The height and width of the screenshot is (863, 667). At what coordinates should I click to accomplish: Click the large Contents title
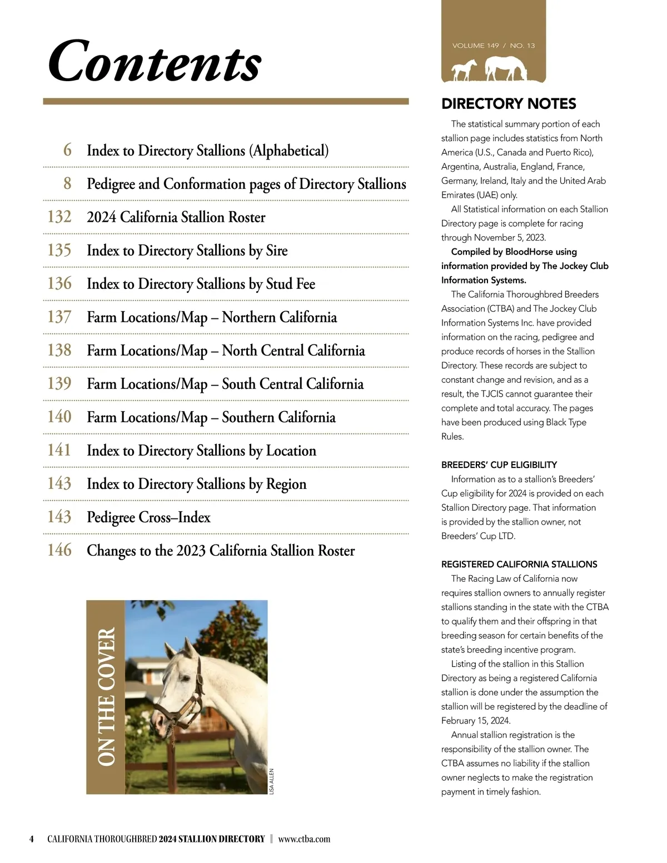pos(155,61)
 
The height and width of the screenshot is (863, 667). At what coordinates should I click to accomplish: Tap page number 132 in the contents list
pos(59,217)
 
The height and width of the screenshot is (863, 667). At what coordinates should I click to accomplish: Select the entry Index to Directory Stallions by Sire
pos(187,251)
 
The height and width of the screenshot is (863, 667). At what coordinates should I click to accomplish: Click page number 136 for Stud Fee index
pos(59,283)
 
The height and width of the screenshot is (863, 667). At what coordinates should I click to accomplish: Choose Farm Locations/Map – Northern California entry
pos(212,317)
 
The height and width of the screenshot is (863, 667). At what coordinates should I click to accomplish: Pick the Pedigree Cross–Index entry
pos(148,517)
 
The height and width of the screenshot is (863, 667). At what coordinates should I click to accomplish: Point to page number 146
pos(59,550)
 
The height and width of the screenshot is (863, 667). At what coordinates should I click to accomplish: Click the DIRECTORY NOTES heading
pos(508,104)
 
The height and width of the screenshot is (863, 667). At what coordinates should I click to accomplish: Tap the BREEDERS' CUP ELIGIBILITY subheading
pos(499,465)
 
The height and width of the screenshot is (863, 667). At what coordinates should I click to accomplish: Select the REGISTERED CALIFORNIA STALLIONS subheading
pos(519,564)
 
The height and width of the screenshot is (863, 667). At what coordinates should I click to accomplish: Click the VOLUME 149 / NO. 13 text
pos(493,46)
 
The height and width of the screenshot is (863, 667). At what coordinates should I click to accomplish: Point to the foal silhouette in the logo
pos(464,71)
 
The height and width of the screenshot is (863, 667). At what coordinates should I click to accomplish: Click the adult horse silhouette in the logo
pos(505,69)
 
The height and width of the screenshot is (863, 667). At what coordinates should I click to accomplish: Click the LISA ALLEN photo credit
pos(272,781)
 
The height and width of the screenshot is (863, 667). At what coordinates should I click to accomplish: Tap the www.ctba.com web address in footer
pos(304,839)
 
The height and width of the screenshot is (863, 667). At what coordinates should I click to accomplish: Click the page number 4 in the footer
pos(32,839)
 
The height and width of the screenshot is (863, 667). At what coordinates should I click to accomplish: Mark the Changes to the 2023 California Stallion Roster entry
pos(220,551)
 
